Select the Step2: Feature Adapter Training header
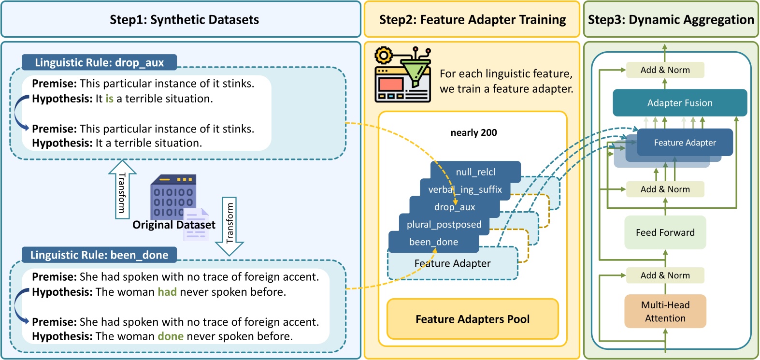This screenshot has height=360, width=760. pos(472,20)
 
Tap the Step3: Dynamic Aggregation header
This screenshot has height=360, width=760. pos(671,20)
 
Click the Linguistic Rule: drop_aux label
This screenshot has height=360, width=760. pos(99,62)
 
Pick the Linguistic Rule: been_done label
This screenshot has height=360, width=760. pos(99,255)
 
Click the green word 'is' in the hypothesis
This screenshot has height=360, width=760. pos(110,99)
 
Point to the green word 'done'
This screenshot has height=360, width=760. pos(171,336)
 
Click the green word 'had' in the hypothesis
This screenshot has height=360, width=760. pos(167,292)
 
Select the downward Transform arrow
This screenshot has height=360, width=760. pos(229,225)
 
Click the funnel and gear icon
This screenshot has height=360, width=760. pos(402,74)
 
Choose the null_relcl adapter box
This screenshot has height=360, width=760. pos(475,172)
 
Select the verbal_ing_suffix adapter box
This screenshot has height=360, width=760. pos(465,189)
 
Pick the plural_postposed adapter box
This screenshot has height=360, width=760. pos(444,224)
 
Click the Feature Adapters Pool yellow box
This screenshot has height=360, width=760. pos(472,319)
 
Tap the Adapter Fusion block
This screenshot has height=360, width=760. pos(679,103)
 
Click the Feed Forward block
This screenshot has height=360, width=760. pos(665,232)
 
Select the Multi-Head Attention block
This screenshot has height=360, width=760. pos(665,311)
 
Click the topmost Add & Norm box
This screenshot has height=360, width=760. pos(665,70)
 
